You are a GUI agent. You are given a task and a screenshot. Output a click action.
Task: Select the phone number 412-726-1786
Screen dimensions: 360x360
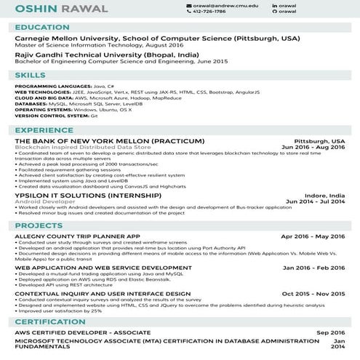click(x=209, y=12)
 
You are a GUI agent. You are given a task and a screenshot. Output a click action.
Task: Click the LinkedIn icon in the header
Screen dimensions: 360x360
click(x=274, y=5)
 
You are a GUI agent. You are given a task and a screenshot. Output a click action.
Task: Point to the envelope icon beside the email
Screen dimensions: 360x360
click(x=188, y=5)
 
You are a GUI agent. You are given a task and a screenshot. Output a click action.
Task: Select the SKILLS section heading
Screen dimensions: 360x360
click(x=30, y=75)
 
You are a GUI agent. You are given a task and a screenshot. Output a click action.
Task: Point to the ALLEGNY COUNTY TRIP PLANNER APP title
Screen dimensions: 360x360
click(x=77, y=237)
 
